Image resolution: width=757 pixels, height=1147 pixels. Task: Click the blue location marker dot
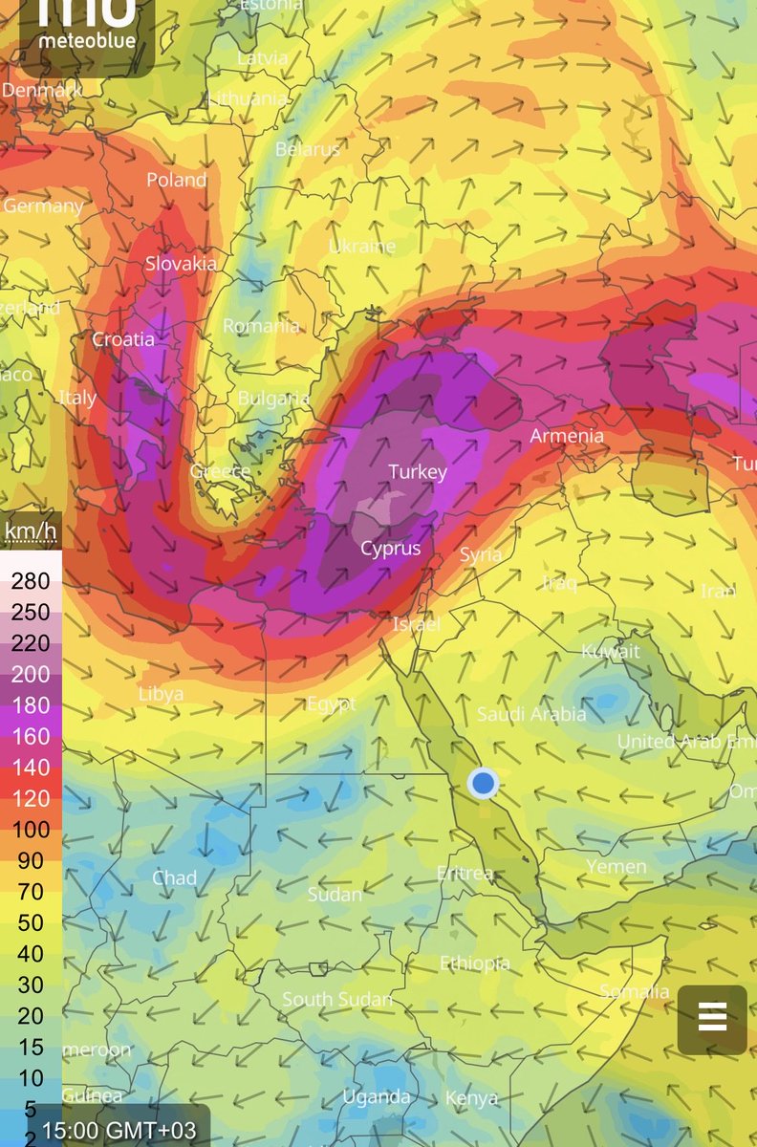484,784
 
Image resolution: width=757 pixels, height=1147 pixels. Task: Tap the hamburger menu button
712,1019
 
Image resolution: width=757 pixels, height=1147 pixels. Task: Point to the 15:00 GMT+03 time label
119,1131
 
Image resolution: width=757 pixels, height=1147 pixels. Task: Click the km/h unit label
30,530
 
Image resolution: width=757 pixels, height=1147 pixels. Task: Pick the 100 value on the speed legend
30,830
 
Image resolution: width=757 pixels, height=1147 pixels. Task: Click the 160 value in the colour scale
30,736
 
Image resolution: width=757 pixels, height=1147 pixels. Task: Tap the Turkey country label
418,472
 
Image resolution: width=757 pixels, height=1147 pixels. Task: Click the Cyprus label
390,549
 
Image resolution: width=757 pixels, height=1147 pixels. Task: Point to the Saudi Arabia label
531,714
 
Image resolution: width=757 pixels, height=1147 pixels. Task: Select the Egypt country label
331,704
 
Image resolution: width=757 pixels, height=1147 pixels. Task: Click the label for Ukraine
362,247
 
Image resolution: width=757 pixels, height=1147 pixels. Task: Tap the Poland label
176,180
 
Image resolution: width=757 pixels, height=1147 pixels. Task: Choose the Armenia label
567,436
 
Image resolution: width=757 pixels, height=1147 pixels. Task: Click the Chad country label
175,877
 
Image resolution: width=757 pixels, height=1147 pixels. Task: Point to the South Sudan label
337,1000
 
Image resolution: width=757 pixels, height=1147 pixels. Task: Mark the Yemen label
616,867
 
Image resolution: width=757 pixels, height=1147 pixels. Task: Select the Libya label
161,694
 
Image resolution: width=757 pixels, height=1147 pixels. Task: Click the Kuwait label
611,652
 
